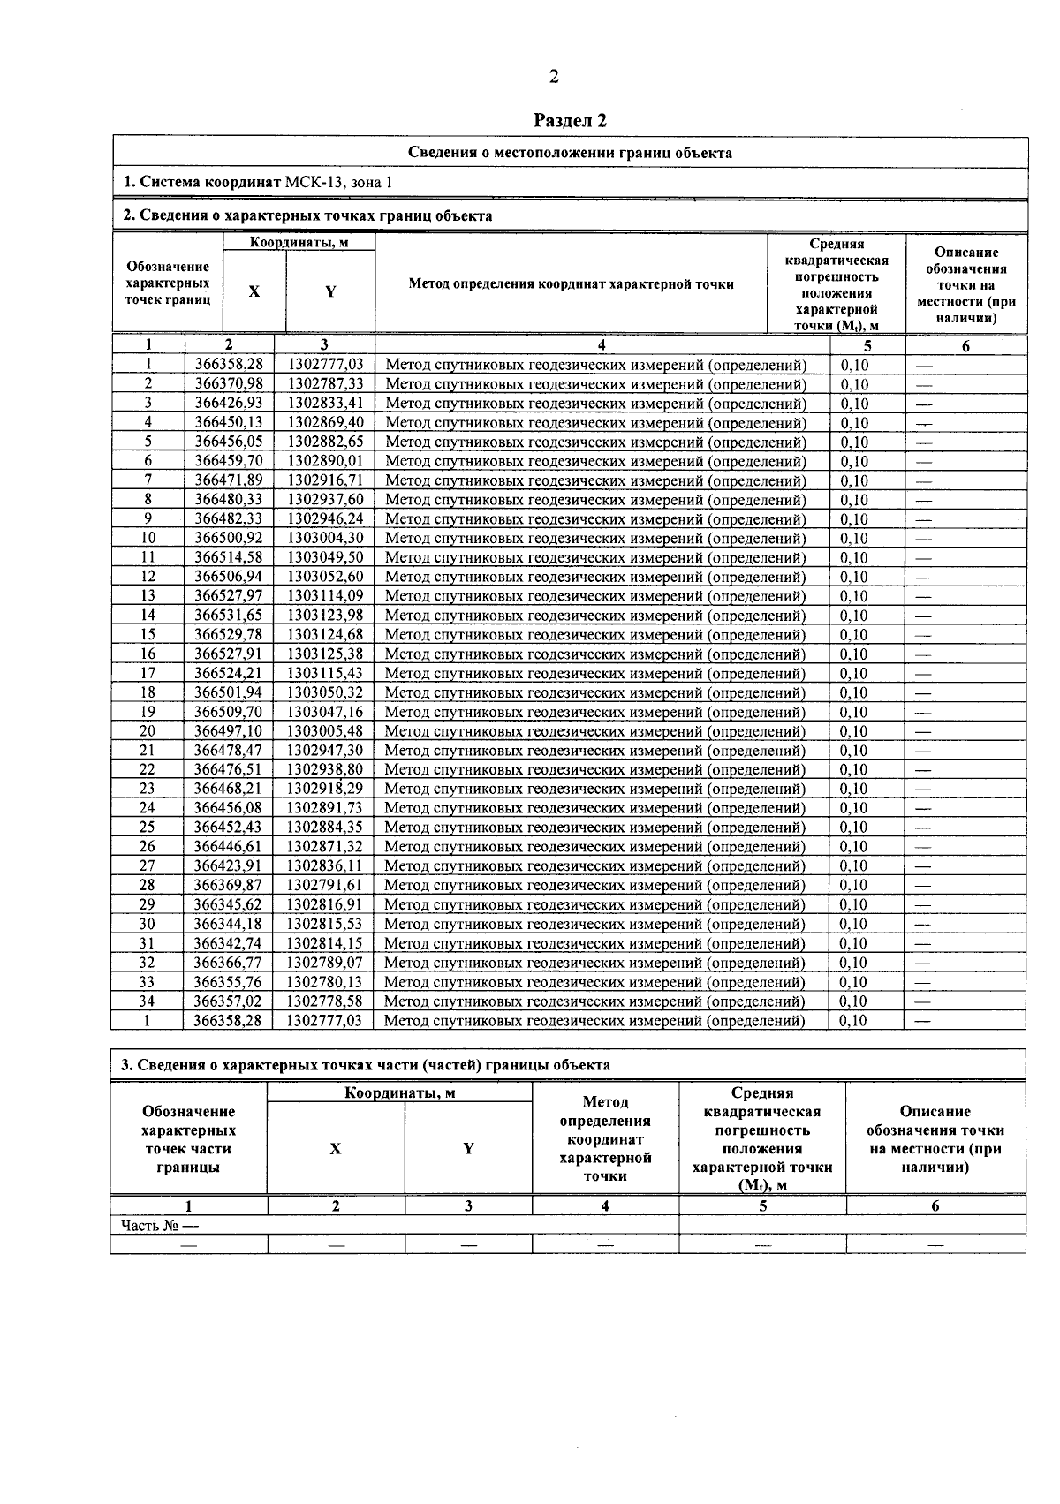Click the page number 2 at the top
point(554,78)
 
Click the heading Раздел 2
point(571,120)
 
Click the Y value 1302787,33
point(325,384)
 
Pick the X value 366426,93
point(229,404)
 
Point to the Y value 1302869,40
point(325,423)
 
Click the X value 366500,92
point(229,538)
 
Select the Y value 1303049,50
point(325,557)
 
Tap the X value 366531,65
point(229,616)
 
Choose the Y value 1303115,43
point(325,673)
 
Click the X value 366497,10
point(229,731)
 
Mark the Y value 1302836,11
point(324,865)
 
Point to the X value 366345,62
point(228,904)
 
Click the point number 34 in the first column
point(147,1001)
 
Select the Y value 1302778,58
point(324,1001)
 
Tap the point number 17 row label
point(148,673)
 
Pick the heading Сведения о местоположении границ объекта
point(570,153)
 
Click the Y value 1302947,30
point(324,751)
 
